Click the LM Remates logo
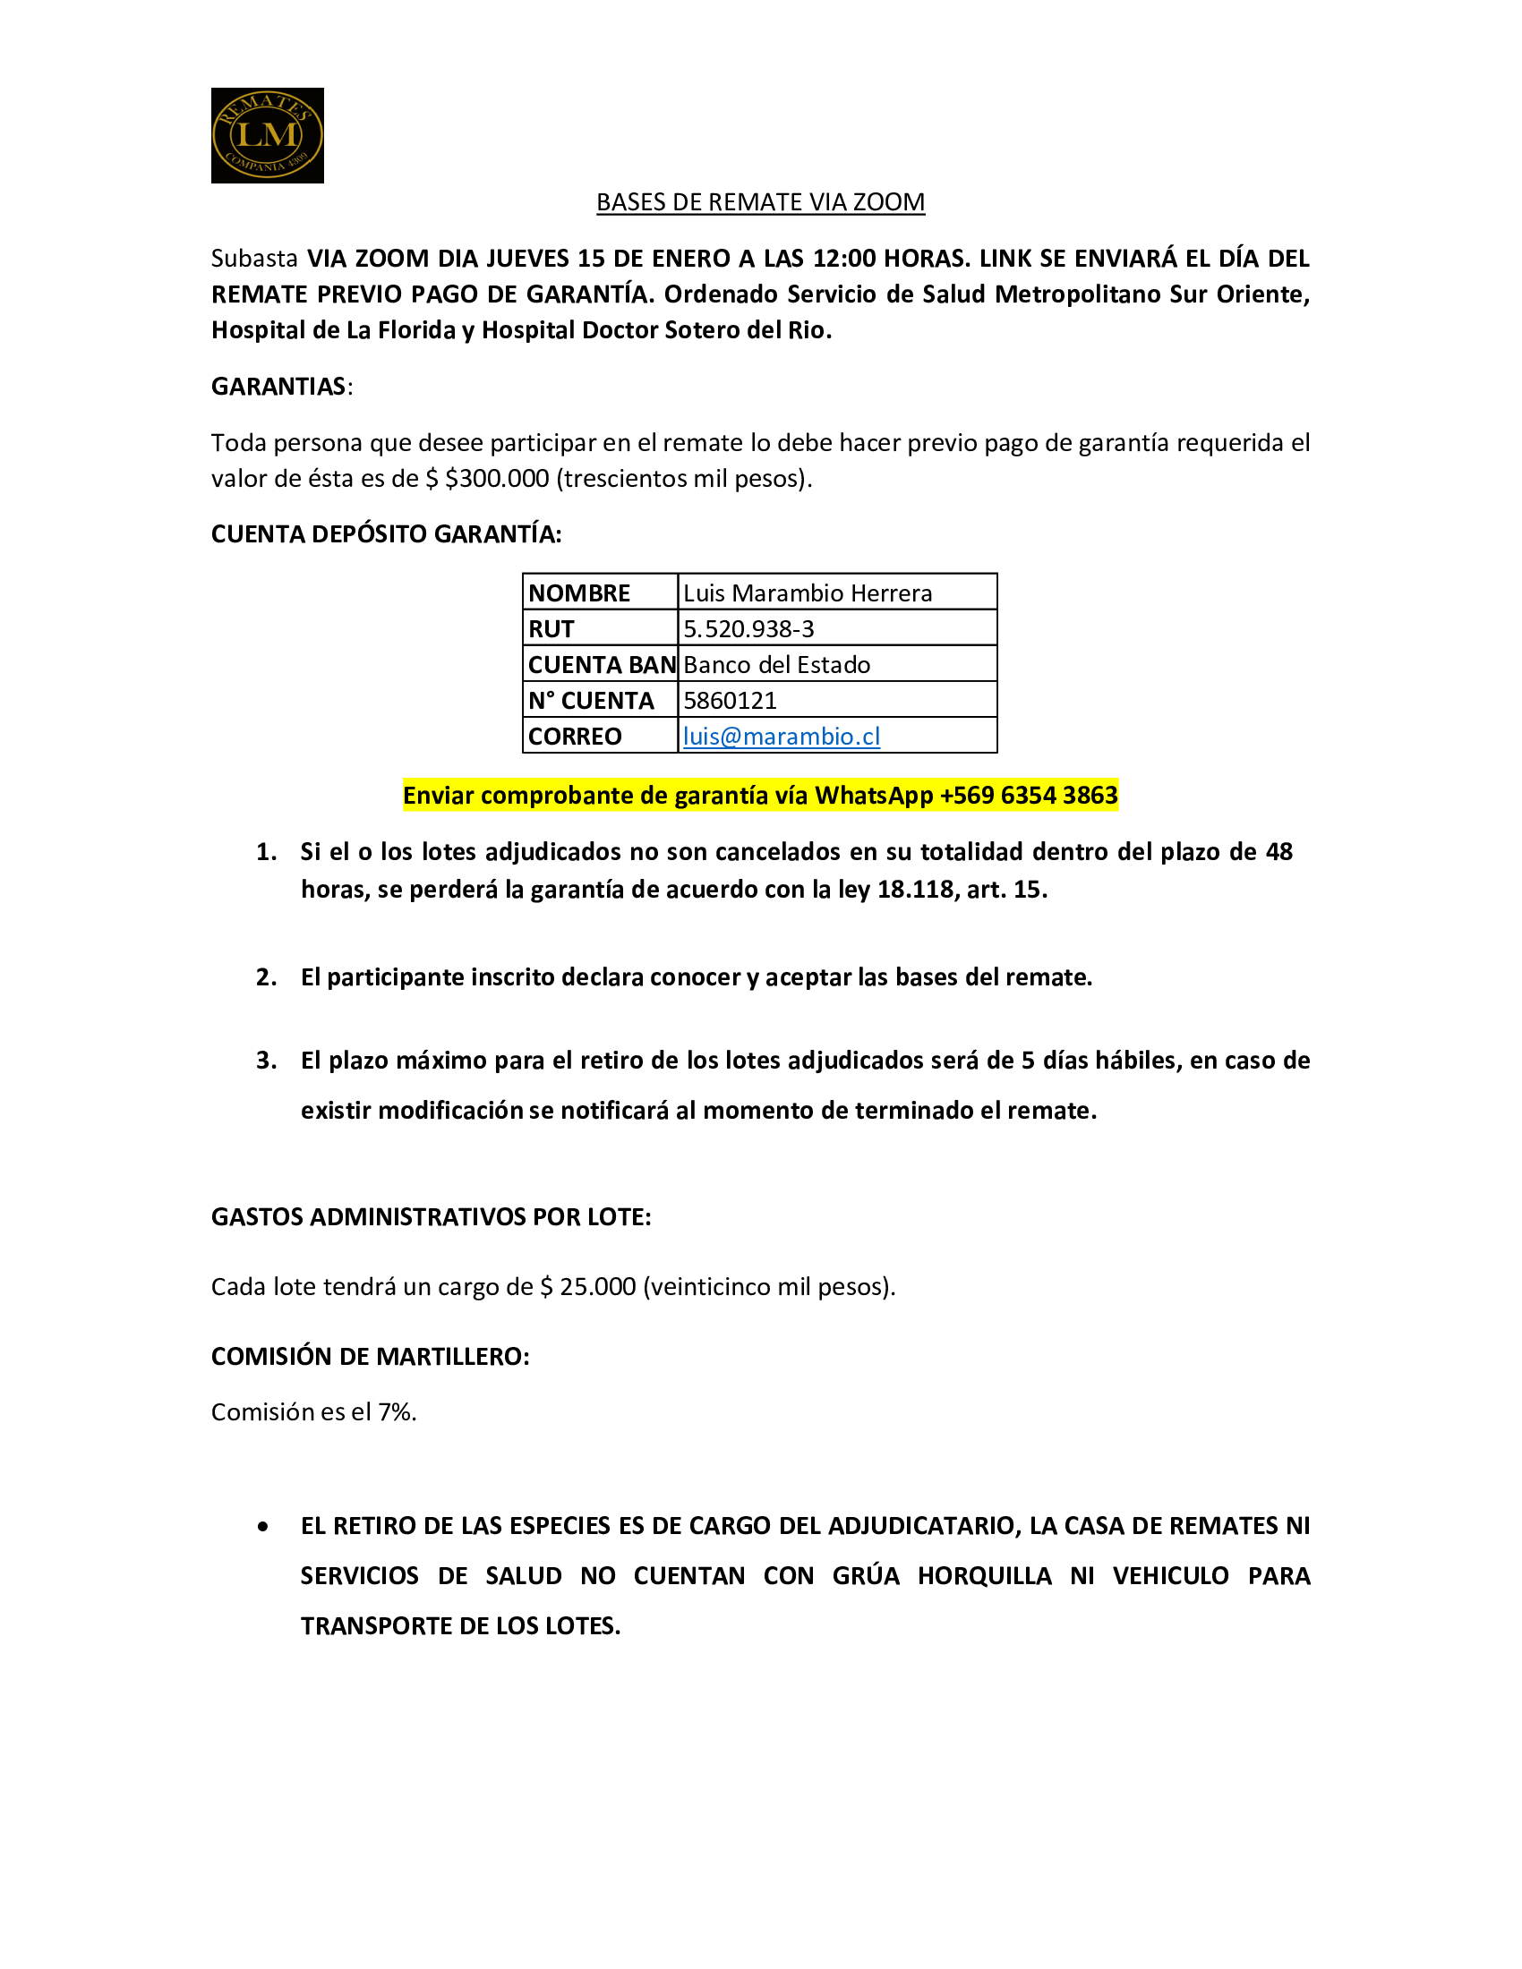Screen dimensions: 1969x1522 click(x=267, y=135)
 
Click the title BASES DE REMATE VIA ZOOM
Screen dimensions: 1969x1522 click(x=760, y=202)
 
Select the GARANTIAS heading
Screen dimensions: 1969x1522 click(x=278, y=387)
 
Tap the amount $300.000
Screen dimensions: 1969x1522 click(x=497, y=479)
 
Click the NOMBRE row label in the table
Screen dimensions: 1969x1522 click(x=579, y=593)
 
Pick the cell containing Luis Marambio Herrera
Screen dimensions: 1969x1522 click(x=807, y=593)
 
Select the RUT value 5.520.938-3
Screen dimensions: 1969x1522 click(x=748, y=629)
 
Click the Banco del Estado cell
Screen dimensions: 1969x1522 click(x=776, y=665)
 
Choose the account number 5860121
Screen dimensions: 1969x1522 click(x=730, y=701)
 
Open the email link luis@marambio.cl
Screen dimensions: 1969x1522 click(x=781, y=737)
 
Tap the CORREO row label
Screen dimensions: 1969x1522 click(x=575, y=737)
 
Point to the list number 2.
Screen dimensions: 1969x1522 click(x=266, y=977)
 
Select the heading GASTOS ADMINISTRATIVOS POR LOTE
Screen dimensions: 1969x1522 click(x=431, y=1217)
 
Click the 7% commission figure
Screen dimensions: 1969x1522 click(x=396, y=1411)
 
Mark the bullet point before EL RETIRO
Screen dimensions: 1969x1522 click(x=262, y=1526)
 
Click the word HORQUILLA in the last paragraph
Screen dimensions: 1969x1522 click(x=984, y=1576)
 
